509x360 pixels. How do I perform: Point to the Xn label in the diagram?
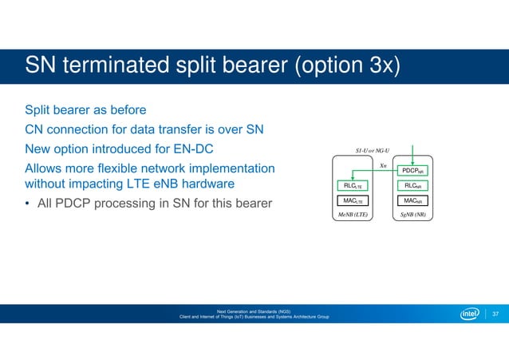[383, 164]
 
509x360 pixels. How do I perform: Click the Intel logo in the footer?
[469, 314]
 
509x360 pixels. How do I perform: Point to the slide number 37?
[495, 314]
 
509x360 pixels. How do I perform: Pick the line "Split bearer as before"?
[86, 109]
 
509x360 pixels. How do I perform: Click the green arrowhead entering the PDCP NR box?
[412, 163]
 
